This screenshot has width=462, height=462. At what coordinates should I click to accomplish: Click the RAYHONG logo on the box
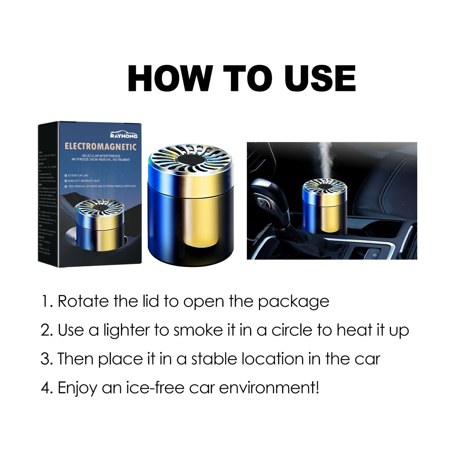(x=124, y=135)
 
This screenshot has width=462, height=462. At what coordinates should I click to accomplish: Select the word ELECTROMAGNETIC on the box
(x=100, y=147)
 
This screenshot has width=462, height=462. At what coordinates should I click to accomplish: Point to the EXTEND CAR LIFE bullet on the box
(x=78, y=176)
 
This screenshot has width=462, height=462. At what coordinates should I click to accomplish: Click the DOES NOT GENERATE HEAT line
(x=83, y=181)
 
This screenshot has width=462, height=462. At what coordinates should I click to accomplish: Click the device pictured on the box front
(x=100, y=224)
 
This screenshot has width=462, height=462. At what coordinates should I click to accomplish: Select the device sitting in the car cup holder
(x=325, y=206)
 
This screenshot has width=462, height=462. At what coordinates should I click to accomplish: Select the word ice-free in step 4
(x=155, y=388)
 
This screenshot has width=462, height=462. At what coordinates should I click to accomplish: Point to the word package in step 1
(x=293, y=302)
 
